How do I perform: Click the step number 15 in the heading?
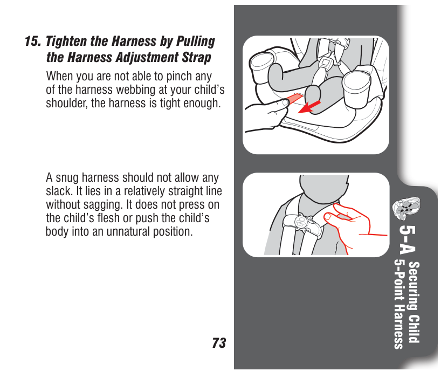coord(33,41)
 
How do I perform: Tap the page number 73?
coord(219,343)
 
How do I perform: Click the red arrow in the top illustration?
coord(308,107)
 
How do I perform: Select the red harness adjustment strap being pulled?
coord(294,99)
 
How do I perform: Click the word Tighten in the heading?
coord(66,42)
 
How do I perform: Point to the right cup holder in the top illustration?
coord(356,88)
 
